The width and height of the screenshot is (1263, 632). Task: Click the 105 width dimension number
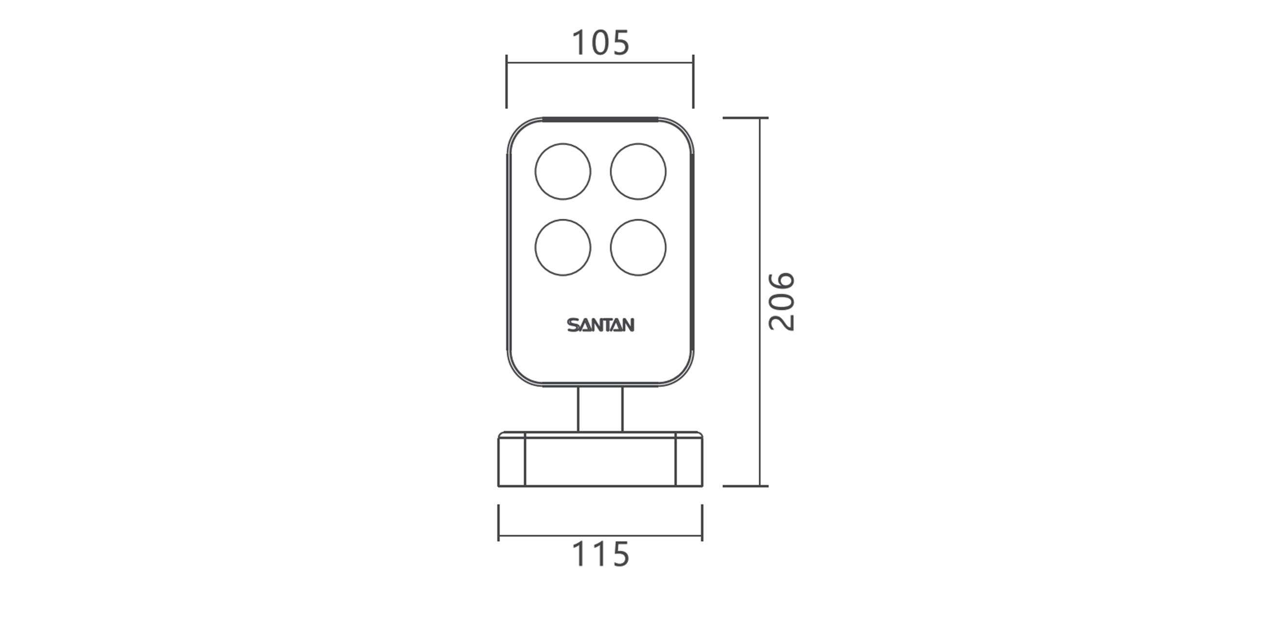click(x=600, y=43)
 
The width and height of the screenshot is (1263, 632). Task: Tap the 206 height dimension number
click(x=781, y=301)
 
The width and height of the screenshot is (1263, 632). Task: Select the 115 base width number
click(x=600, y=555)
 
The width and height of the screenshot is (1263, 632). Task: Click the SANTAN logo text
click(x=600, y=325)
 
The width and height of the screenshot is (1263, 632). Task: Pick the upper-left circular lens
click(x=563, y=172)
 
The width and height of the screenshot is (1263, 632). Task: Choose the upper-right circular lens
click(x=638, y=172)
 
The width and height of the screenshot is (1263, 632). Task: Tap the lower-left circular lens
click(x=563, y=247)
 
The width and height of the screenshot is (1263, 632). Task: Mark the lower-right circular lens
click(x=638, y=247)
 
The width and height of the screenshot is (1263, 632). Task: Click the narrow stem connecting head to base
click(x=600, y=409)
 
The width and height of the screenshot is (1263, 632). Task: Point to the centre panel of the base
click(x=600, y=461)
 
